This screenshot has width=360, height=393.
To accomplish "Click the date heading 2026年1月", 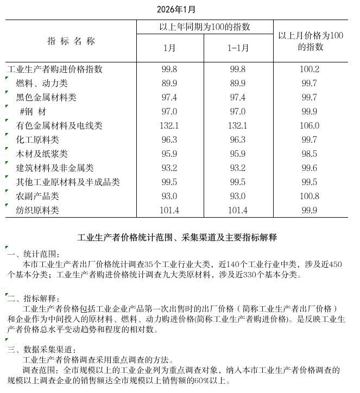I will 176,9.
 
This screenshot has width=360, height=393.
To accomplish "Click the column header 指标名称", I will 71,41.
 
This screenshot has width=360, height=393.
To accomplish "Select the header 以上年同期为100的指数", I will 205,27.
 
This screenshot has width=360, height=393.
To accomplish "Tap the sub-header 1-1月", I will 238,48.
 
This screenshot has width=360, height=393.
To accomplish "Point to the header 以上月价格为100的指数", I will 311,41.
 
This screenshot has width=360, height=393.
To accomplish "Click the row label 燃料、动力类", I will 42,84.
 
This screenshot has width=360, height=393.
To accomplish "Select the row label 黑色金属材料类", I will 46,98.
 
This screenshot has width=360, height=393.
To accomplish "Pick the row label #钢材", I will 33,112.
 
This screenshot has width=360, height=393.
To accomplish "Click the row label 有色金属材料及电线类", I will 59,126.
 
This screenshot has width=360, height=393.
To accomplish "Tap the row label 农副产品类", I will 37,196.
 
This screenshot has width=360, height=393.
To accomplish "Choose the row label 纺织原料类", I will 37,210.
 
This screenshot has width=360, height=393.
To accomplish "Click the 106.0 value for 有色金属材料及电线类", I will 310,126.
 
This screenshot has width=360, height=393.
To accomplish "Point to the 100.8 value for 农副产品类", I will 310,196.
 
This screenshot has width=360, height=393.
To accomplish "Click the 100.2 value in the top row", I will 310,69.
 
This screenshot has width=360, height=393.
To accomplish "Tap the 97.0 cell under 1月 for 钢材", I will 169,112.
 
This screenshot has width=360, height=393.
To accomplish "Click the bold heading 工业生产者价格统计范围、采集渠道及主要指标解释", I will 177,237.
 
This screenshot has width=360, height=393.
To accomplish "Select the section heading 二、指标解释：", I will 34,298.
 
